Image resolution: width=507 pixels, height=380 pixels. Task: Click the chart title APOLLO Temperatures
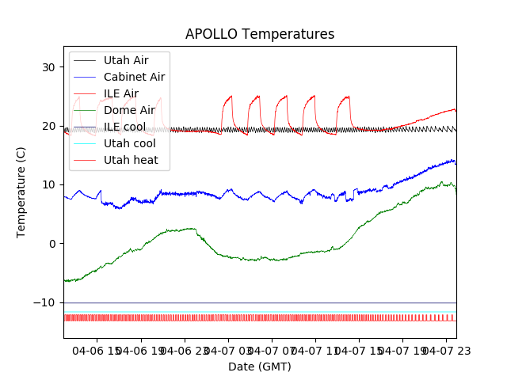point(260,34)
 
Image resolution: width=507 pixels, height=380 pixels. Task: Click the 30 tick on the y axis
point(48,67)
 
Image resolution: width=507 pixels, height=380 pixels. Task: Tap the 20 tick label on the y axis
point(48,126)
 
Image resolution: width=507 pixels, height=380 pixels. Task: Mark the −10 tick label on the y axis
point(44,302)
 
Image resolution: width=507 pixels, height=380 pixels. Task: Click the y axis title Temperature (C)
point(21,192)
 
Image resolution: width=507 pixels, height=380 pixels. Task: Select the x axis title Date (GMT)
point(260,367)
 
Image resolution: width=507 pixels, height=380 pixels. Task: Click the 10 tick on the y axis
point(48,184)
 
